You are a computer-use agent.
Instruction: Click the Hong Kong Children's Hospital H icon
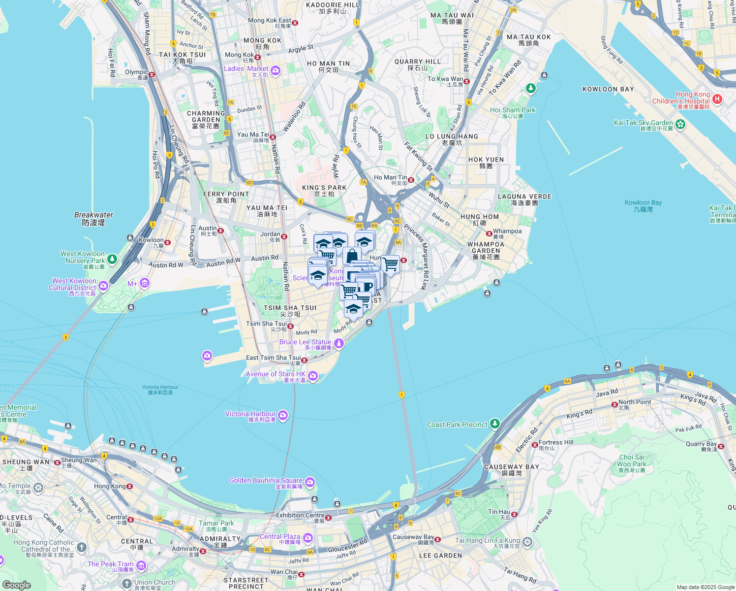(717, 99)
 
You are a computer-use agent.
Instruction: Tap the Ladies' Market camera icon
(275, 71)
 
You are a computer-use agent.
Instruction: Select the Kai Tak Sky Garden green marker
(680, 124)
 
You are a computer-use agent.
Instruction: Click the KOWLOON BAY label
(608, 89)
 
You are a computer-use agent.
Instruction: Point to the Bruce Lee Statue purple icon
(338, 344)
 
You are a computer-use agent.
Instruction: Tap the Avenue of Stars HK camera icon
(313, 377)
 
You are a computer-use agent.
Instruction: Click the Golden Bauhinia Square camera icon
(310, 482)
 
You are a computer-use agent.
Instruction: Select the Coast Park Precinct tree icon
(495, 424)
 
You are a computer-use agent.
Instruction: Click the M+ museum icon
(144, 283)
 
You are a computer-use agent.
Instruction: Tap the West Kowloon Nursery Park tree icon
(112, 259)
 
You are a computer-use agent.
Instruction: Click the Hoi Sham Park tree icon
(530, 89)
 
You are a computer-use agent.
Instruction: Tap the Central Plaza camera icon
(308, 537)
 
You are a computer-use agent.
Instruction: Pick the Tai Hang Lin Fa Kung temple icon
(527, 542)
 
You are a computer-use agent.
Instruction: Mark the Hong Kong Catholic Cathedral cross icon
(82, 547)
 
